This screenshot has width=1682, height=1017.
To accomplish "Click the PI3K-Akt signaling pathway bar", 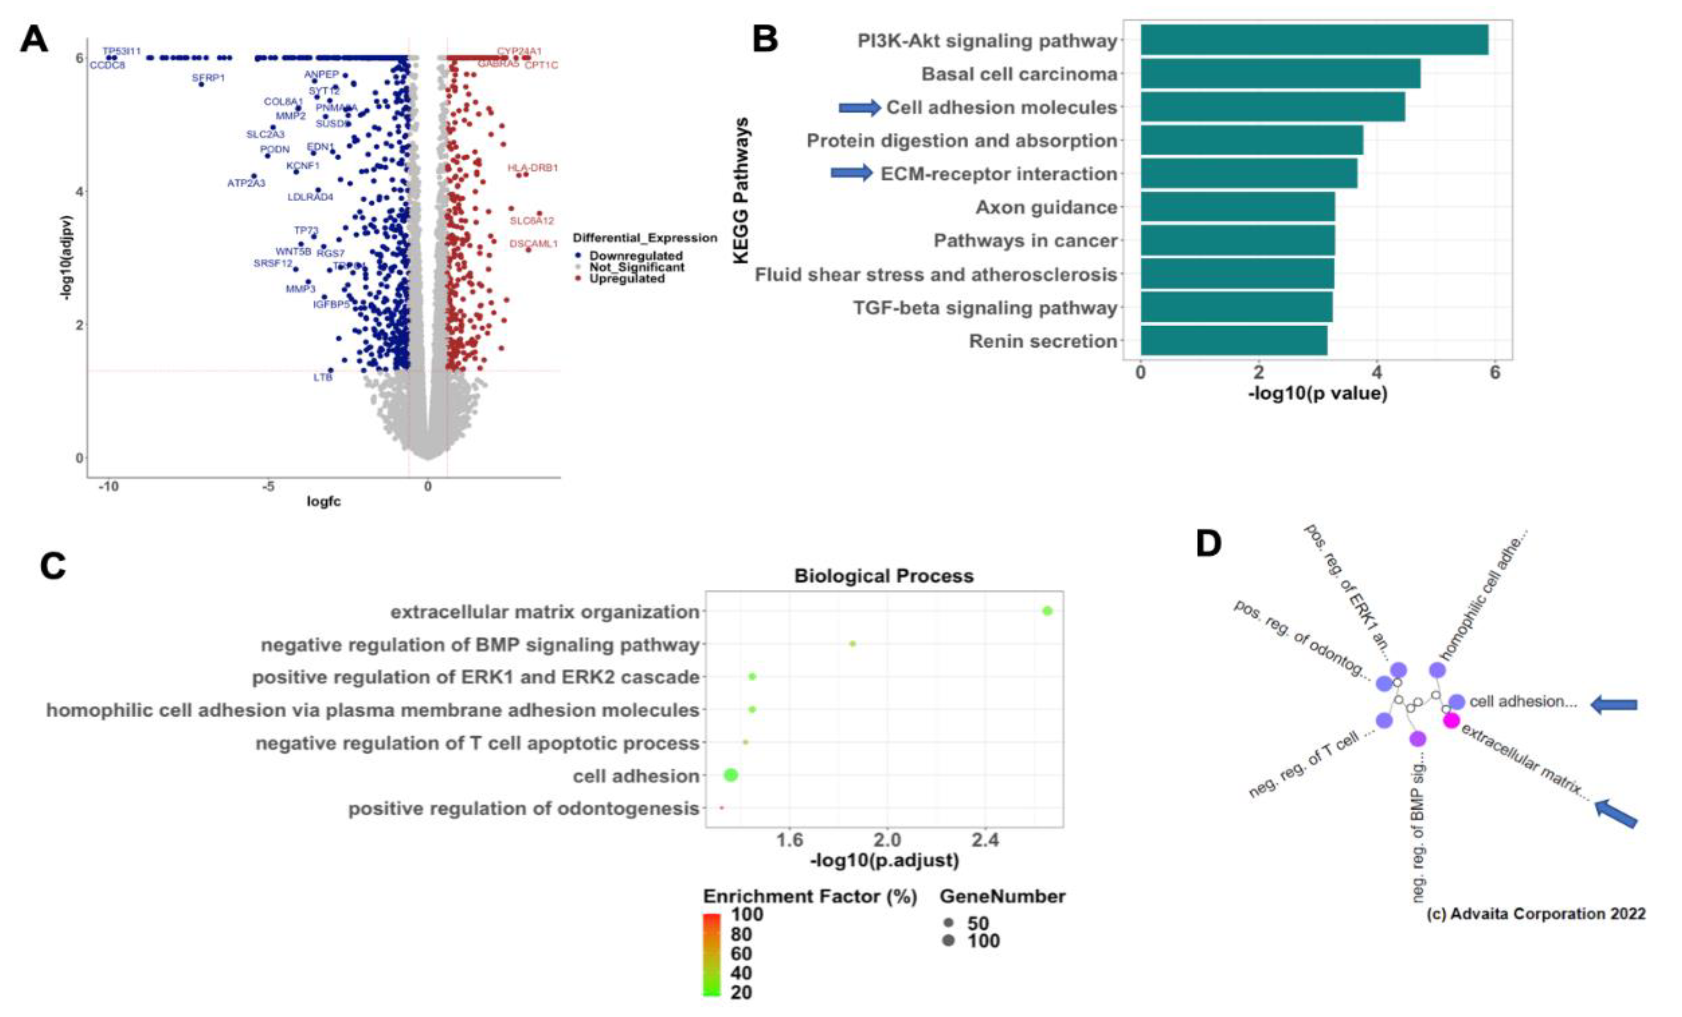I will [1313, 40].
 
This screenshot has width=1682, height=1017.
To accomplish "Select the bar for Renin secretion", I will [1234, 340].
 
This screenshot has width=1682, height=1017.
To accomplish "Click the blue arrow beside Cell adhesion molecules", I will [860, 107].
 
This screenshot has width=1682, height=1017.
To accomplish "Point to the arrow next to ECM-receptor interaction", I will [851, 173].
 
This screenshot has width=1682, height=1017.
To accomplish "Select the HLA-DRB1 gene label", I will [533, 167].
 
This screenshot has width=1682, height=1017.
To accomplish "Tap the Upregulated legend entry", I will [627, 279].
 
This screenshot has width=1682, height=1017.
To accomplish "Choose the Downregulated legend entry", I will [635, 256].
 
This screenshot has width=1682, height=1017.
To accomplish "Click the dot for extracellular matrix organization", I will [1047, 611].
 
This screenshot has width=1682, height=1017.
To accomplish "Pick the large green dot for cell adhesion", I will [730, 775].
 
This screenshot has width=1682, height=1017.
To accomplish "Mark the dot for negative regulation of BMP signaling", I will [852, 644].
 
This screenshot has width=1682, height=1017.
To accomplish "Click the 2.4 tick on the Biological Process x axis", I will [985, 840].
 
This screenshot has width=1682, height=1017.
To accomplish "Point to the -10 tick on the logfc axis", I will [108, 486].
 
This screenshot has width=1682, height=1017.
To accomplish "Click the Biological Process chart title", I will [883, 576].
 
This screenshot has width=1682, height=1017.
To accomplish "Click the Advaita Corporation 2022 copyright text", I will [1536, 913].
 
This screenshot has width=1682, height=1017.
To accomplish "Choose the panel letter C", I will [53, 566].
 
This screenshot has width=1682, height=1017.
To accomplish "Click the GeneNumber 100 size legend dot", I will [948, 940].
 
